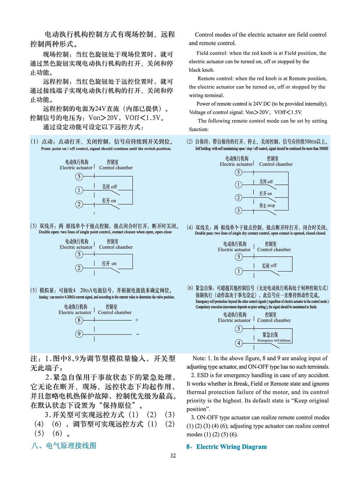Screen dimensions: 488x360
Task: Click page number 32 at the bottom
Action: tap(173, 456)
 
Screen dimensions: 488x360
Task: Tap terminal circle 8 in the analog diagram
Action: tap(79, 320)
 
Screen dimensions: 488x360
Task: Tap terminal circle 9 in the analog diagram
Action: tap(79, 334)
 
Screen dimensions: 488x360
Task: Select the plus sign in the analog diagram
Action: tap(137, 320)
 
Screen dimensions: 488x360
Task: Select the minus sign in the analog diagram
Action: tap(137, 334)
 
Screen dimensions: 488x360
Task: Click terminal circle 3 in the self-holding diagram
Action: tap(238, 210)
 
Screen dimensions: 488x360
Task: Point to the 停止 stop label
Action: tap(267, 206)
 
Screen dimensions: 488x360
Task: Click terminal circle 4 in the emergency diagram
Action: tap(239, 343)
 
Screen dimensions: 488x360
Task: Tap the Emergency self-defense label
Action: tap(274, 340)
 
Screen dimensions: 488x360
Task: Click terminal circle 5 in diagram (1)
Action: tap(79, 177)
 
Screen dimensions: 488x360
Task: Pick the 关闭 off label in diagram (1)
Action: tap(109, 187)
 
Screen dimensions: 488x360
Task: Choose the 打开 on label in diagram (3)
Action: tap(109, 264)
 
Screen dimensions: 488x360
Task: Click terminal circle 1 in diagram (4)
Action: tap(239, 271)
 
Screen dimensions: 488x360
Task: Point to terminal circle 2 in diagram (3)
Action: tap(79, 268)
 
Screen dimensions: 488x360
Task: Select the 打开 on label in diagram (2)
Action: tap(265, 194)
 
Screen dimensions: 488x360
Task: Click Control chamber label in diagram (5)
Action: tap(115, 312)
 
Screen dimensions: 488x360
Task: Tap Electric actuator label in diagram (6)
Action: tap(234, 320)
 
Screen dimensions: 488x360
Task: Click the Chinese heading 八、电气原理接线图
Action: tap(64, 446)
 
